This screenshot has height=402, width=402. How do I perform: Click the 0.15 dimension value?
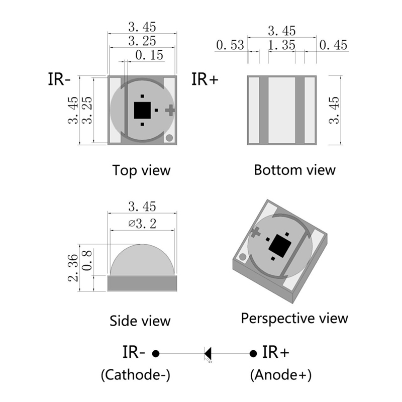149,54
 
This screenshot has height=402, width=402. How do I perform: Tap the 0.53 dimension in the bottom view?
230,45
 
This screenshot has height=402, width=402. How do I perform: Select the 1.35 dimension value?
281,45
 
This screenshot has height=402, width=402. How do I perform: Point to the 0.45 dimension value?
333,45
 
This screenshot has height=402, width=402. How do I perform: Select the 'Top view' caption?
141,170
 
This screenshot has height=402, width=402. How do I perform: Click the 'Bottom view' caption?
294,169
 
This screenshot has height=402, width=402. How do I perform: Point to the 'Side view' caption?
140,320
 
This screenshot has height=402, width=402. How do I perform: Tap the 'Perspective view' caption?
294,318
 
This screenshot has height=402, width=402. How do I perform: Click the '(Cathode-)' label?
136,375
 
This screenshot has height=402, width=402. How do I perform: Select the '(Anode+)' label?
280,375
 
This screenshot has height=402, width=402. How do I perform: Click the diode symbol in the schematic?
208,353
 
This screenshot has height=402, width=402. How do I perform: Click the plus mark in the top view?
171,109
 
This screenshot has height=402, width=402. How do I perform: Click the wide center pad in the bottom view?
281,111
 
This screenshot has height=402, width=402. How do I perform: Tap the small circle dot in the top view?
169,137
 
